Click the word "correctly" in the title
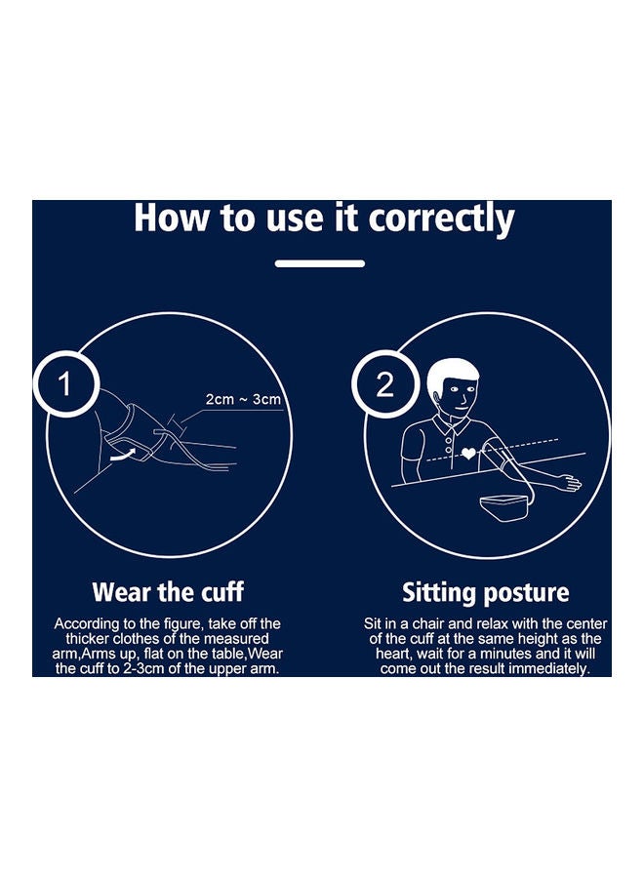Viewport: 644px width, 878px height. coord(441,219)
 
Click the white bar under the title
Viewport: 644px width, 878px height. coord(320,263)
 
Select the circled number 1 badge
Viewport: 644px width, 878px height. coord(66,384)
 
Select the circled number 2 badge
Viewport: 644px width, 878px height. coord(385,384)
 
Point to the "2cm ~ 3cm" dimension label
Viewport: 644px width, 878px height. coord(243,399)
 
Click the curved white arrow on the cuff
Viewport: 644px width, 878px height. coord(124,454)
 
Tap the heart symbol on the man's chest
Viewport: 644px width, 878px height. coord(468,454)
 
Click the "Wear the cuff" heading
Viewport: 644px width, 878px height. coord(168,592)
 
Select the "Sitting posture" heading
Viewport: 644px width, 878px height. coord(486,592)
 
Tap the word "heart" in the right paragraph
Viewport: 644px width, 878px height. coord(393,654)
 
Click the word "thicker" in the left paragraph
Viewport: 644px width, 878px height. coord(88,639)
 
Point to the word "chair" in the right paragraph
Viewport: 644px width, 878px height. coord(428,623)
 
